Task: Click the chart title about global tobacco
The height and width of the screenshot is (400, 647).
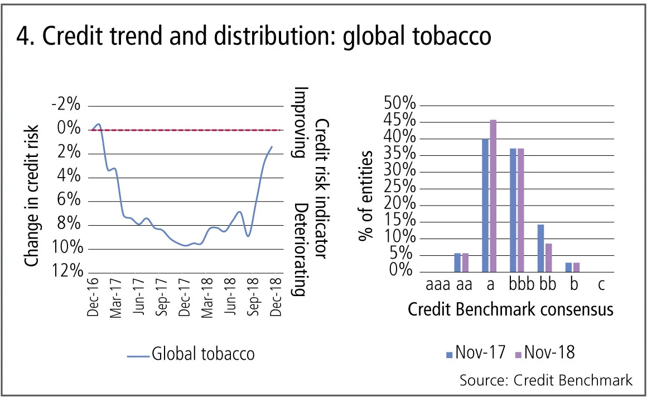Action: pyautogui.click(x=254, y=36)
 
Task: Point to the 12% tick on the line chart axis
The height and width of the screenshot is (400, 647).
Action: pyautogui.click(x=66, y=272)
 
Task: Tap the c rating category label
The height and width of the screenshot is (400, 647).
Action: pyautogui.click(x=601, y=285)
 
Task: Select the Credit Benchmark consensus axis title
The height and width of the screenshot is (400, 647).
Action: pyautogui.click(x=510, y=309)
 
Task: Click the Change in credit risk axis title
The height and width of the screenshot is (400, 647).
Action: pyautogui.click(x=32, y=196)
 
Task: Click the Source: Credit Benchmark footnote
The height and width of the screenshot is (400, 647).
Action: pyautogui.click(x=546, y=380)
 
